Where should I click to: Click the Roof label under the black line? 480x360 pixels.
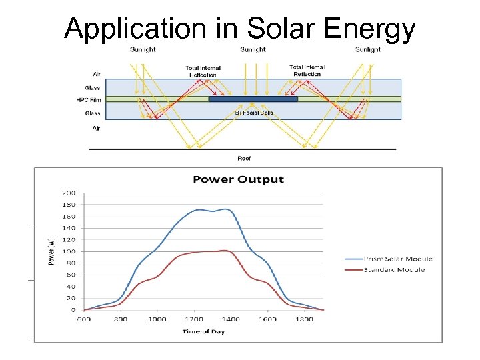(x=245, y=158)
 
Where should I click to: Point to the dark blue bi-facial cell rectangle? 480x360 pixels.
(x=253, y=99)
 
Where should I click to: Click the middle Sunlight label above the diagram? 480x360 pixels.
(x=253, y=49)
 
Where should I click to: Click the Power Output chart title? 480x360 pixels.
(x=238, y=179)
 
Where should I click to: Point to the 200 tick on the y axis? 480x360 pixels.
(x=69, y=193)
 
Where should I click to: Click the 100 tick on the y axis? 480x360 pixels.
(x=69, y=251)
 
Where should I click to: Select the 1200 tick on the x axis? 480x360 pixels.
(x=194, y=319)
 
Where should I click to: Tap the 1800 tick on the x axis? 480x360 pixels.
(x=305, y=319)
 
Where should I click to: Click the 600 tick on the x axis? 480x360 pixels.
(x=83, y=319)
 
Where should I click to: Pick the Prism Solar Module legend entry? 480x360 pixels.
(x=399, y=259)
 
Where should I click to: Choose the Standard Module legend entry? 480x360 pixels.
(x=394, y=270)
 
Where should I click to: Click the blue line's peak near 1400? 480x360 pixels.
(x=228, y=209)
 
